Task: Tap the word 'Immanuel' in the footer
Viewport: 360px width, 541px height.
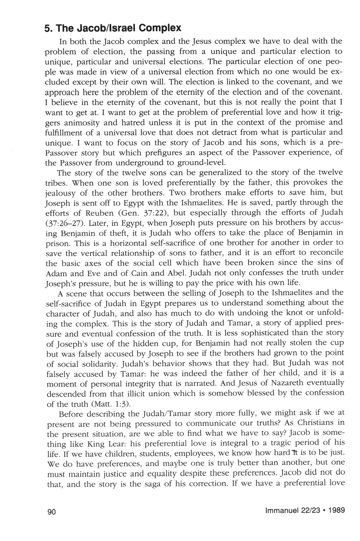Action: click(282, 510)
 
